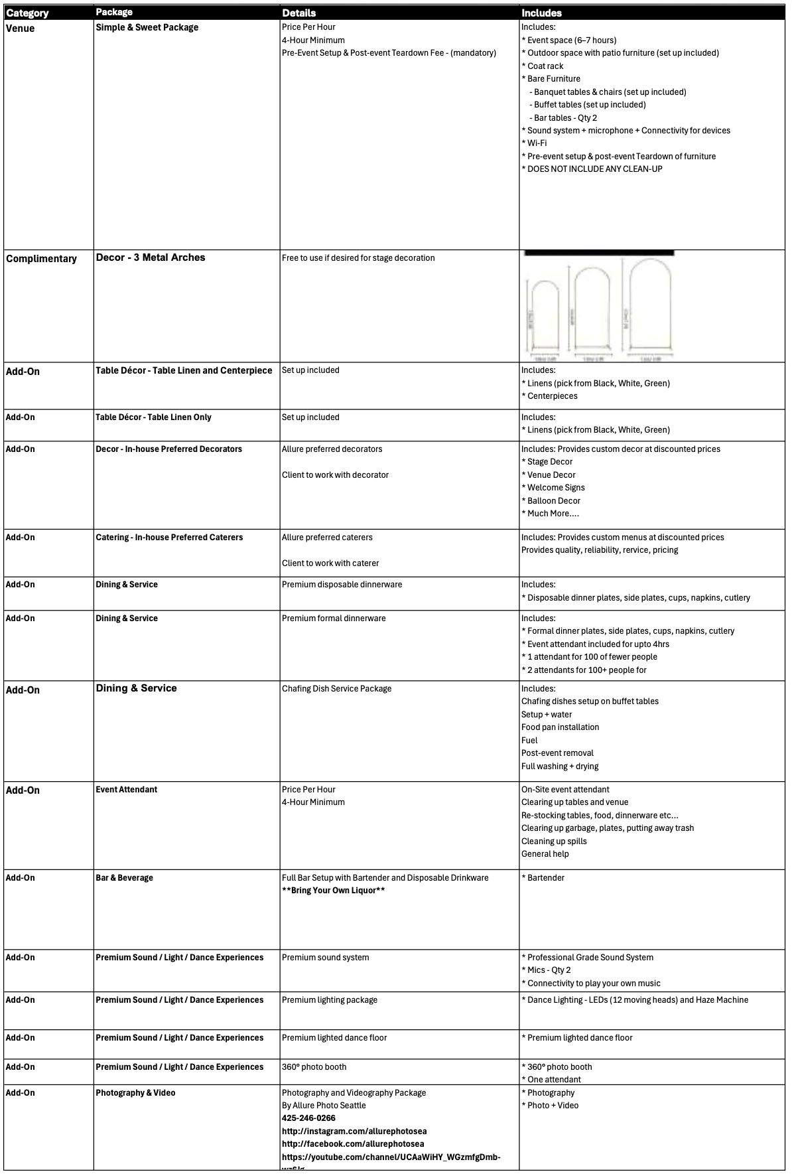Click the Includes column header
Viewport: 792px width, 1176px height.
click(541, 13)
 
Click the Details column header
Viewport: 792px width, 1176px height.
click(298, 13)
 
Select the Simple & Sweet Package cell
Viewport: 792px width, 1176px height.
click(147, 27)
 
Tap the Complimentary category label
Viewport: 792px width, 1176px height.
click(41, 259)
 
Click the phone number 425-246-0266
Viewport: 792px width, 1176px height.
click(308, 1118)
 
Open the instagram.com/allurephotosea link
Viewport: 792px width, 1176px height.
click(354, 1131)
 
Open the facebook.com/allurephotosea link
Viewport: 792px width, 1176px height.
click(352, 1144)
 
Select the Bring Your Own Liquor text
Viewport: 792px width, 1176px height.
click(333, 891)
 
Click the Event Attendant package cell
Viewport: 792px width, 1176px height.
click(126, 790)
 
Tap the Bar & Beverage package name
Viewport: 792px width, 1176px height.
click(124, 878)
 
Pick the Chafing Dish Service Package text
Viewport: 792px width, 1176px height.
click(336, 689)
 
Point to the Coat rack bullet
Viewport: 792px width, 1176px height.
click(545, 66)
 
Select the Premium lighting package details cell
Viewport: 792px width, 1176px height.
click(329, 1000)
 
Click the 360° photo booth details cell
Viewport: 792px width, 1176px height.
click(314, 1067)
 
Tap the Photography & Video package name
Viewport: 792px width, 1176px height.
click(135, 1093)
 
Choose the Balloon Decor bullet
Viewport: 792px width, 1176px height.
click(553, 501)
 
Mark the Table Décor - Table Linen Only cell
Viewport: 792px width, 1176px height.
click(153, 417)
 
